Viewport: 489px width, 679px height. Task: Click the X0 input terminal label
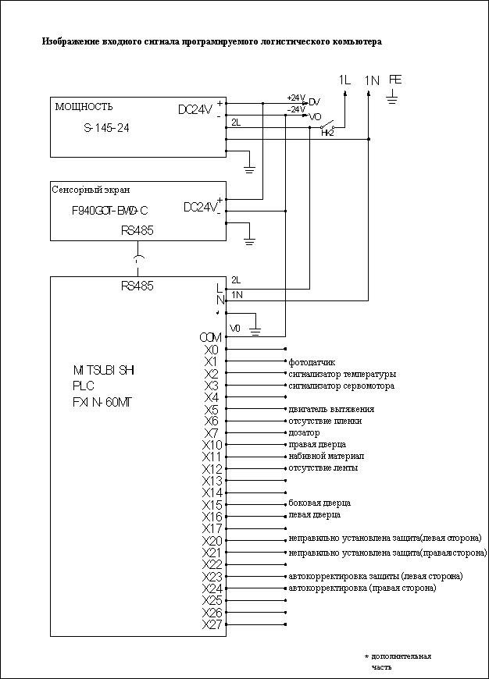click(x=212, y=350)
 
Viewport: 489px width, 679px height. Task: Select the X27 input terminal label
click(x=212, y=624)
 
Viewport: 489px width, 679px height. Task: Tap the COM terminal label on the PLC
click(x=211, y=337)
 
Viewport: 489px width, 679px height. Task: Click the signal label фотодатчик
click(x=312, y=362)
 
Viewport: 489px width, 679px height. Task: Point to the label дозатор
click(x=305, y=432)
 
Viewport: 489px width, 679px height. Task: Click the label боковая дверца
click(x=319, y=503)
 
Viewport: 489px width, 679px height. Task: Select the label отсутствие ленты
click(x=323, y=468)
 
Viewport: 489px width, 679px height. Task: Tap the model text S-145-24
click(x=107, y=128)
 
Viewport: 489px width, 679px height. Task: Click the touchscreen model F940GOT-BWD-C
click(x=110, y=211)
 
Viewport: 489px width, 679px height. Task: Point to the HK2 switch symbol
click(x=329, y=127)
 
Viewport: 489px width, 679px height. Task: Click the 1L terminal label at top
click(x=344, y=80)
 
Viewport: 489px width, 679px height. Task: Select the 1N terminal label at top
click(x=372, y=80)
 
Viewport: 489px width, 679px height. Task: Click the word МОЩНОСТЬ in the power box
click(x=84, y=107)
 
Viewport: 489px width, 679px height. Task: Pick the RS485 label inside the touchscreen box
click(x=137, y=230)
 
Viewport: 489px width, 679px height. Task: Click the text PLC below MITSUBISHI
click(x=84, y=386)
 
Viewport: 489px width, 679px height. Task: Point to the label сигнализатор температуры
click(x=342, y=374)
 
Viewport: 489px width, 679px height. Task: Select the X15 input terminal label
click(x=212, y=505)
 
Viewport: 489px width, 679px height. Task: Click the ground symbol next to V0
click(x=255, y=329)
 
